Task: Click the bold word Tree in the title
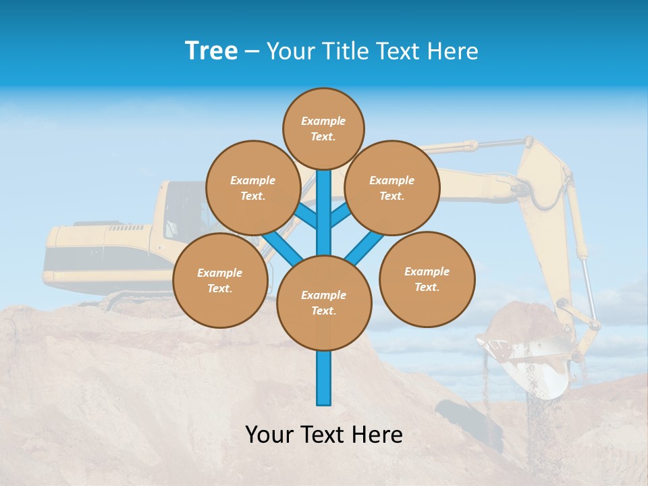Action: click(x=211, y=51)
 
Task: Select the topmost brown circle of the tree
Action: click(x=323, y=128)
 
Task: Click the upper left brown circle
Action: click(x=253, y=188)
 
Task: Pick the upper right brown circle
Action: click(x=392, y=188)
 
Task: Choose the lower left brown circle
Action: click(x=220, y=281)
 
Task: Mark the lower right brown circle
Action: click(x=427, y=279)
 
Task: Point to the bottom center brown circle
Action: click(x=324, y=303)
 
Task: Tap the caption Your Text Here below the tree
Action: click(x=324, y=435)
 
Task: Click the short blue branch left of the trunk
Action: click(x=305, y=216)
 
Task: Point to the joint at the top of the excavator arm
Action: click(x=526, y=143)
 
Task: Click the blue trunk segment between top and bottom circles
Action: click(x=324, y=216)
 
